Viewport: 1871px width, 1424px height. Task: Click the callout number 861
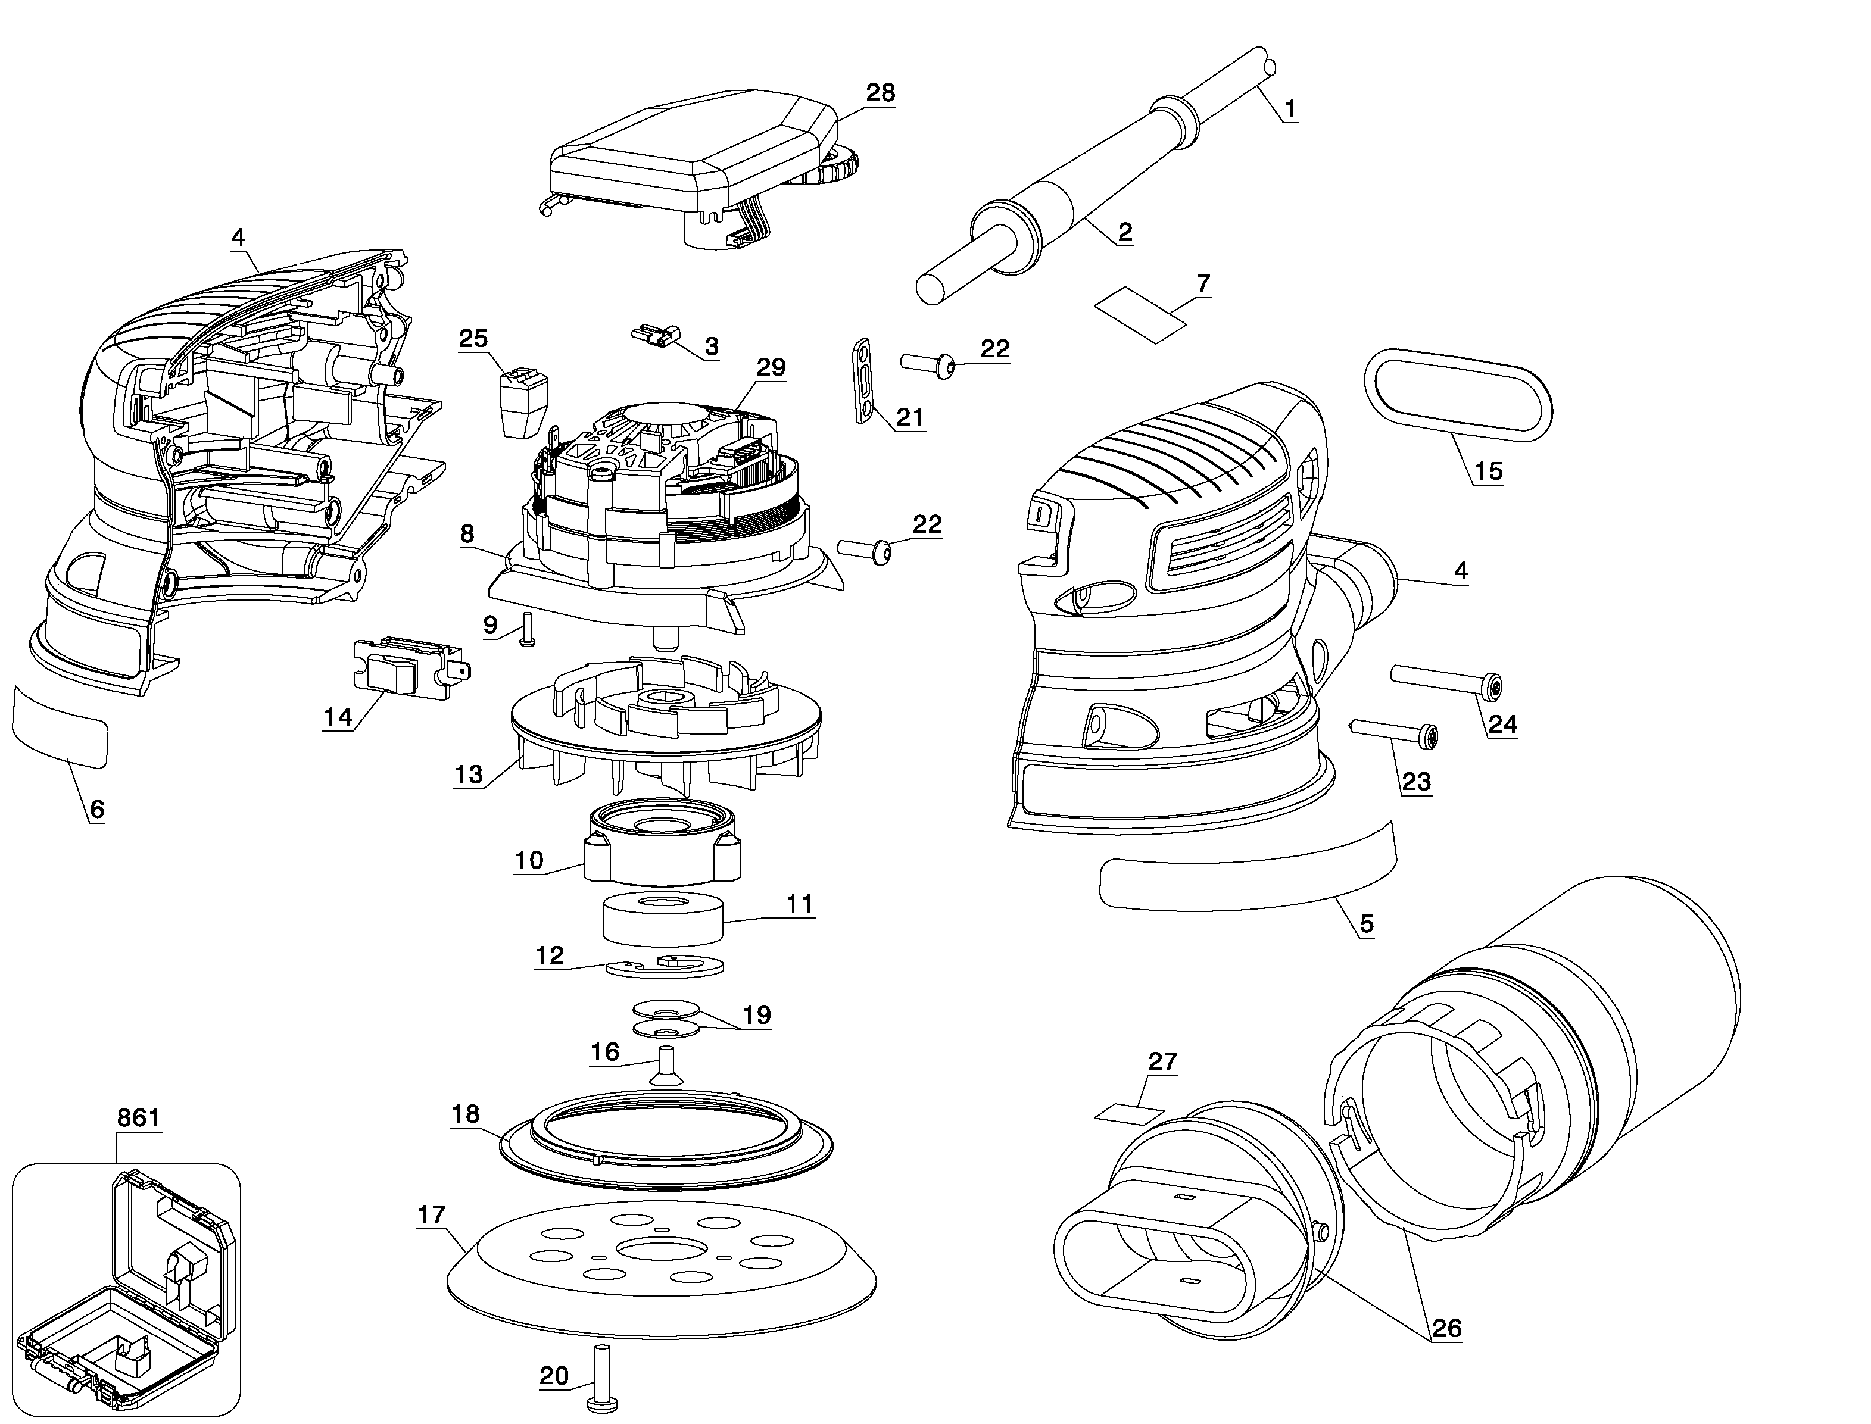(x=138, y=1117)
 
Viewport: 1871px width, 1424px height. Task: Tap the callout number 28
(x=880, y=92)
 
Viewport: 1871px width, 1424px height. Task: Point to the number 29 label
(x=771, y=367)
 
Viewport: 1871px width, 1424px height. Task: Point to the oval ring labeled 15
(x=1457, y=398)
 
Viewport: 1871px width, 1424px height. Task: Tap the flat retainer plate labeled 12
(x=665, y=964)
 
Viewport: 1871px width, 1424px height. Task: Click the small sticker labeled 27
(x=1128, y=1113)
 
